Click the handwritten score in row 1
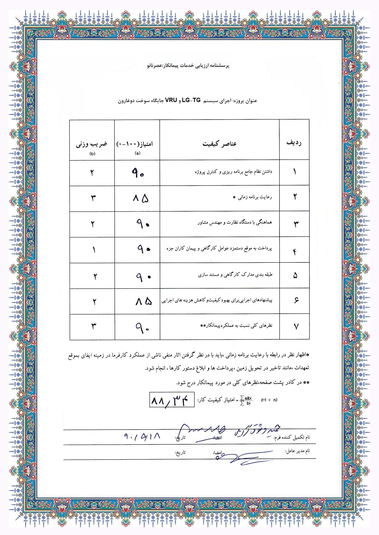(x=137, y=173)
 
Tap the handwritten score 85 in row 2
(x=141, y=198)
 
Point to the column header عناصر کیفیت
(x=219, y=144)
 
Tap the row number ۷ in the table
(x=296, y=327)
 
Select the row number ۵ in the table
(x=295, y=276)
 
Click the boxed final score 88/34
(x=172, y=400)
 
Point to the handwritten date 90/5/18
(x=142, y=436)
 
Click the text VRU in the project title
(x=171, y=100)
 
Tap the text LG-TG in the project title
(x=191, y=100)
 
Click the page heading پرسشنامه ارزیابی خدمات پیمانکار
(x=188, y=66)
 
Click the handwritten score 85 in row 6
(x=143, y=301)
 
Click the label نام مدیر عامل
(x=297, y=451)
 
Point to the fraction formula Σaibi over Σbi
(x=246, y=400)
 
